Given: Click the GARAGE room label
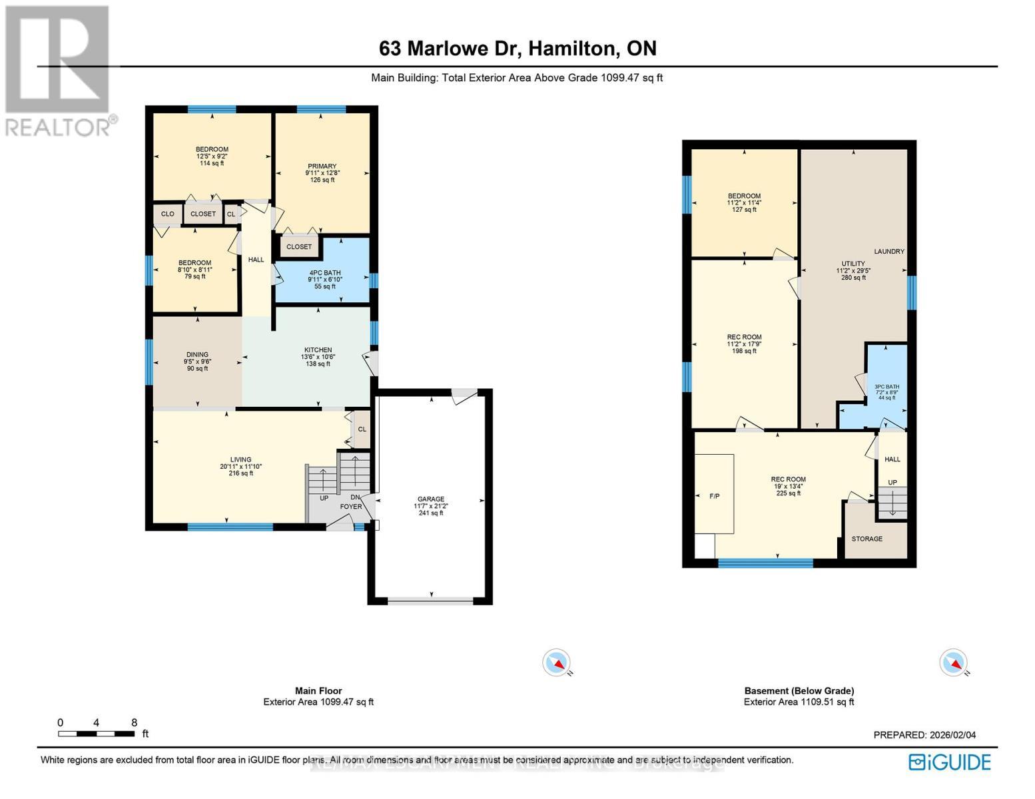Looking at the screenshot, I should pyautogui.click(x=431, y=499).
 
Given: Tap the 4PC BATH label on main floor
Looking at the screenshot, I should pyautogui.click(x=325, y=273).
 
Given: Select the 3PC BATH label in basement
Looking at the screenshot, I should pyautogui.click(x=886, y=387).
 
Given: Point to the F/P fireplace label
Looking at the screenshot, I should pyautogui.click(x=715, y=496).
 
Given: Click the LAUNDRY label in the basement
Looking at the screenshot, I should pyautogui.click(x=889, y=252).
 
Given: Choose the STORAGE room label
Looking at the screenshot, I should pyautogui.click(x=867, y=539).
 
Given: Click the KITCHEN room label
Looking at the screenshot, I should pyautogui.click(x=318, y=350).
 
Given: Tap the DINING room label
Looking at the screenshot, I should pyautogui.click(x=197, y=355).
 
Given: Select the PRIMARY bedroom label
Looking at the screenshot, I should pyautogui.click(x=322, y=166).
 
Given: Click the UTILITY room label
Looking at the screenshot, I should pyautogui.click(x=853, y=264).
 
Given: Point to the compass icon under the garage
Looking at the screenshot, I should pyautogui.click(x=556, y=663).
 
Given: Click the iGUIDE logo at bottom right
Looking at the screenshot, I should pyautogui.click(x=950, y=762).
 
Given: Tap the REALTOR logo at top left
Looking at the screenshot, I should pyautogui.click(x=59, y=70).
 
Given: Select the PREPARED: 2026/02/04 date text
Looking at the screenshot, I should pyautogui.click(x=924, y=735).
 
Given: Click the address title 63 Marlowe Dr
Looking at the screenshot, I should pyautogui.click(x=517, y=49).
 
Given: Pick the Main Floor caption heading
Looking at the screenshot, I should pyautogui.click(x=318, y=691).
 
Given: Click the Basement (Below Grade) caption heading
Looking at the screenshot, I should pyautogui.click(x=799, y=691).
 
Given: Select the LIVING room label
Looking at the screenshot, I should pyautogui.click(x=241, y=459).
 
